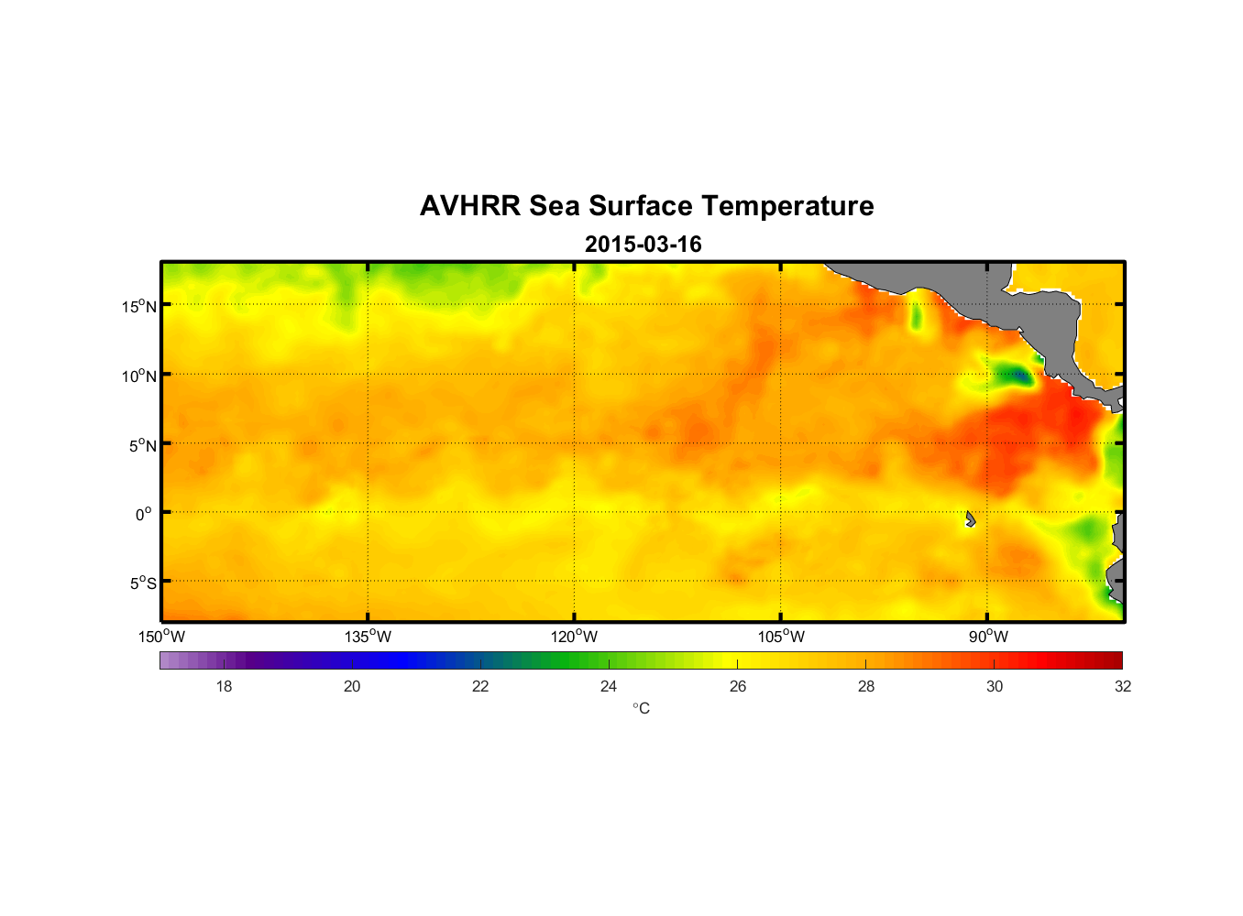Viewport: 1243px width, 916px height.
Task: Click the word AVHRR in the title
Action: pos(469,206)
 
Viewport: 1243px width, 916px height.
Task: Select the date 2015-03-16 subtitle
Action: pos(643,245)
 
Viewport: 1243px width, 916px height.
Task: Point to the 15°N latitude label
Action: pos(139,306)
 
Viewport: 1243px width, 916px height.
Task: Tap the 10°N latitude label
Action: pos(139,376)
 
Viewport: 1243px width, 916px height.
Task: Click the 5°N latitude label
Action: pos(143,445)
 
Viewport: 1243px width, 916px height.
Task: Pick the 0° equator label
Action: pos(144,514)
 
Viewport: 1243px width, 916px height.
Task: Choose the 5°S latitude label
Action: pos(143,583)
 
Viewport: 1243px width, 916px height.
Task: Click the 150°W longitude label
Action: pos(161,637)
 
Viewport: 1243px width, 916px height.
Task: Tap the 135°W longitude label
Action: pos(368,637)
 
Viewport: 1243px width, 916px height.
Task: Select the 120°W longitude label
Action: pos(574,637)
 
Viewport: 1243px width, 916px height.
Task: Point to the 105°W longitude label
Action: pos(781,637)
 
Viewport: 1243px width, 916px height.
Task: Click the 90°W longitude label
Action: pos(988,637)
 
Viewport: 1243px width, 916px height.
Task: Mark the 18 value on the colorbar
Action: pos(224,686)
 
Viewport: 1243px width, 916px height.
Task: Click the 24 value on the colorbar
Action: pos(609,686)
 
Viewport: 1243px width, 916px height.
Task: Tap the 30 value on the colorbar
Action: pos(995,686)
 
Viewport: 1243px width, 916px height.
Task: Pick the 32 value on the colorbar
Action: pos(1123,686)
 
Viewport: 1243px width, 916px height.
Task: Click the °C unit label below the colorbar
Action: pos(641,708)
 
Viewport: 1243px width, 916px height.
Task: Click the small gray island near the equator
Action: pos(970,519)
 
